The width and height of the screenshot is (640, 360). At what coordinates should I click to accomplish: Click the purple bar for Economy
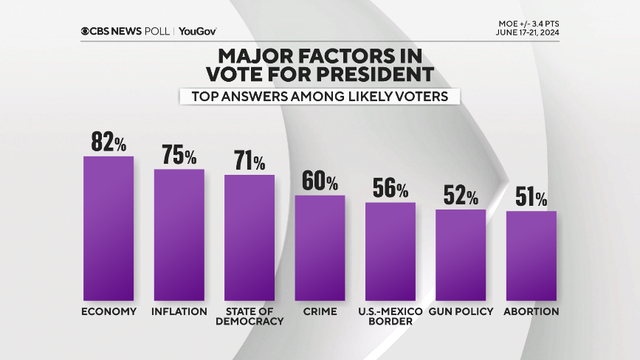pyautogui.click(x=109, y=229)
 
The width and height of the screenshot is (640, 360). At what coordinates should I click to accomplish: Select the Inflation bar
pyautogui.click(x=179, y=235)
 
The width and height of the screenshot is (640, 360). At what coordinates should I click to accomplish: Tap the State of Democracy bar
pyautogui.click(x=250, y=238)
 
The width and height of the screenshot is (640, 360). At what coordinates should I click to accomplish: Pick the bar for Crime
pyautogui.click(x=320, y=248)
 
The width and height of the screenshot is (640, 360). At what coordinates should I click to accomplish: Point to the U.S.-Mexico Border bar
pyautogui.click(x=390, y=251)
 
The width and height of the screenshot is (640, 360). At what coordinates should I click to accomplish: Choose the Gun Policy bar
pyautogui.click(x=461, y=255)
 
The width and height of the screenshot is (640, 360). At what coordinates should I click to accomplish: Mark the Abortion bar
pyautogui.click(x=531, y=255)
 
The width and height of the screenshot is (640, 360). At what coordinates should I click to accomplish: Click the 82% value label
pyautogui.click(x=109, y=142)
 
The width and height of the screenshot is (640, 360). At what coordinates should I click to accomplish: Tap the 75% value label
pyautogui.click(x=179, y=156)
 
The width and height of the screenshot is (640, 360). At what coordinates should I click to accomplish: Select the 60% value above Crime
pyautogui.click(x=320, y=181)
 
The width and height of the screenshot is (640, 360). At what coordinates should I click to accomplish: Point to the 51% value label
pyautogui.click(x=531, y=198)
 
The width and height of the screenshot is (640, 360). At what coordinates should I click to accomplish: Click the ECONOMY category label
pyautogui.click(x=109, y=311)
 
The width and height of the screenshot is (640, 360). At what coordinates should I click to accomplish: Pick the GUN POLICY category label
pyautogui.click(x=461, y=311)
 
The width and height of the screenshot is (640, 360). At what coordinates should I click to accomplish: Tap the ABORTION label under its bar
pyautogui.click(x=531, y=311)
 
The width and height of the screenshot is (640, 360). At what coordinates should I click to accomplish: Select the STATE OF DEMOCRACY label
pyautogui.click(x=250, y=316)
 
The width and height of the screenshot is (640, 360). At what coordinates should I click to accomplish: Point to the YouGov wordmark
pyautogui.click(x=198, y=31)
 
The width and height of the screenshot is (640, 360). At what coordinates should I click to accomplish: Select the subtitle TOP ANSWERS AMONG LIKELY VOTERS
pyautogui.click(x=320, y=96)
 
